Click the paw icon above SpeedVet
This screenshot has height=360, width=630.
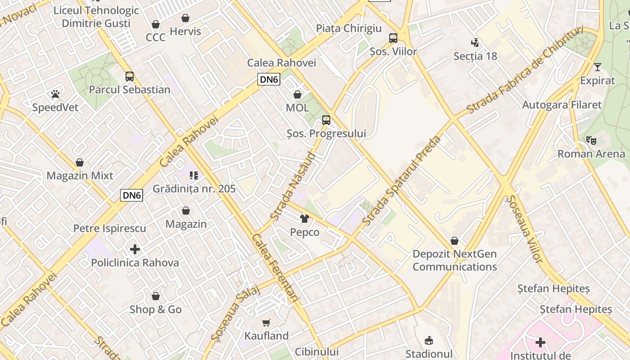coord(55,94)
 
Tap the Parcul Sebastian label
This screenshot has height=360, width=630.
coord(130,90)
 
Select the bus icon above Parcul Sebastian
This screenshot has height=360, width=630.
coord(130,76)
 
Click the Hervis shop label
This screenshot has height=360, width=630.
coord(185,31)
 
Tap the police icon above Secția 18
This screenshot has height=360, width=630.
coord(475,43)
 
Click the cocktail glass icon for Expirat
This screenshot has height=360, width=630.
coord(597,67)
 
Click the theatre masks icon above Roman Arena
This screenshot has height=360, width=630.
coord(591,140)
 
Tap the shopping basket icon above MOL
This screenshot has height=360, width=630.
coord(297,94)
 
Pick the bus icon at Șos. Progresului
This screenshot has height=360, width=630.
coord(326,120)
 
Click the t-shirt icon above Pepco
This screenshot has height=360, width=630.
coord(305,219)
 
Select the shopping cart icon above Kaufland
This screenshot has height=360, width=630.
coord(266,323)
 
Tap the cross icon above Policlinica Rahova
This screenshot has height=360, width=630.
coord(135,249)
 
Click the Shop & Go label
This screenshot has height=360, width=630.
coord(156,310)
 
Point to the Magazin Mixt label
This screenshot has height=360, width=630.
coord(80,175)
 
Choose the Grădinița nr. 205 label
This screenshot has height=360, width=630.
coord(194,189)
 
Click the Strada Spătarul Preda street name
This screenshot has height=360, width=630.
coord(401,180)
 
